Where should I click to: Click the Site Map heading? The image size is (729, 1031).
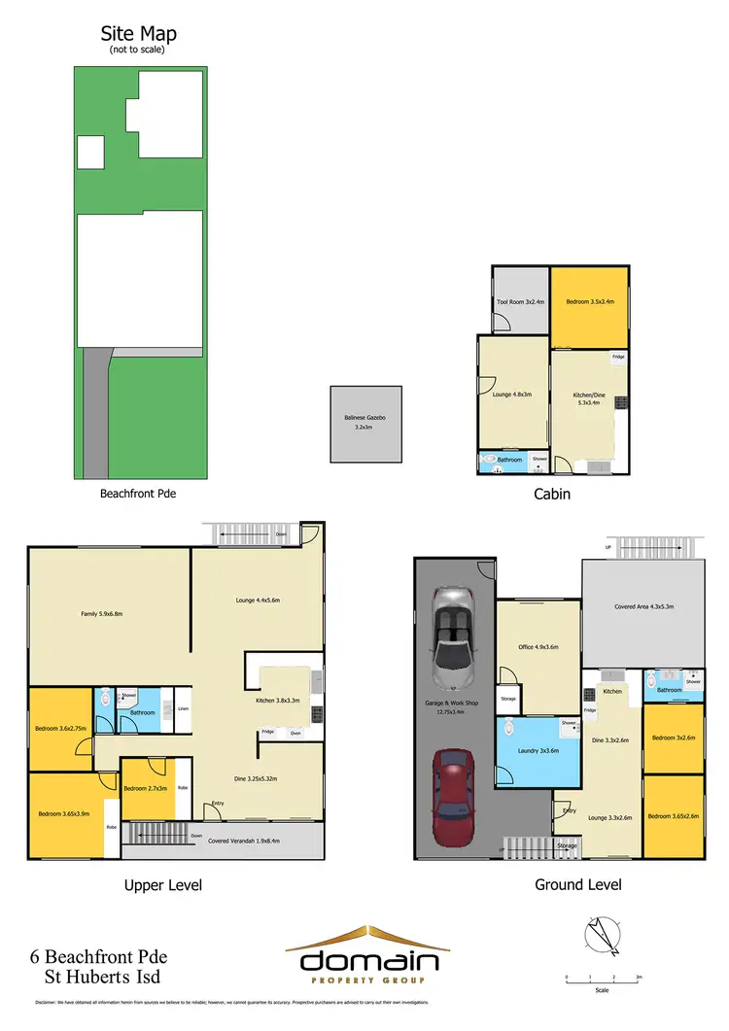pos(139,35)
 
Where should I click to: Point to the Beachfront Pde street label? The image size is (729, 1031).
pos(138,493)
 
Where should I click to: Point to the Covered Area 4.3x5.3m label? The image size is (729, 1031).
pos(643,606)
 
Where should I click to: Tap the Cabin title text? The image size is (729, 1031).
pos(551,494)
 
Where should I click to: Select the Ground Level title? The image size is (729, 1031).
pos(577,884)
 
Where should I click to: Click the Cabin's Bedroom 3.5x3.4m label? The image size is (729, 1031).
pos(590,301)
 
